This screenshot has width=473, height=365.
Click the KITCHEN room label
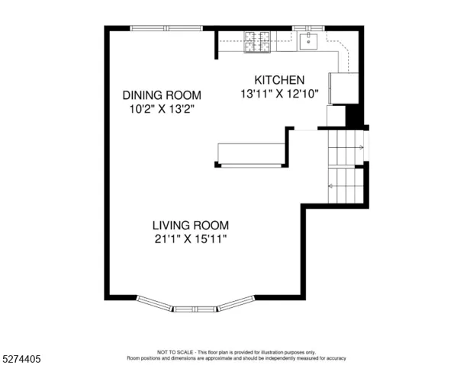point(279,80)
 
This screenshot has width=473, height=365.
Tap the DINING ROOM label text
point(162,95)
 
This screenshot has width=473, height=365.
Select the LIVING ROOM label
point(191,226)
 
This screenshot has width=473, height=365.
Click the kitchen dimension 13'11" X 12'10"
point(279,94)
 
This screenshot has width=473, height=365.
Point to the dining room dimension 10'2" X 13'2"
point(162,109)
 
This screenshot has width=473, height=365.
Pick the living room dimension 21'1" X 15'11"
point(191,239)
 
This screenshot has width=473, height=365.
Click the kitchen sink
point(308,42)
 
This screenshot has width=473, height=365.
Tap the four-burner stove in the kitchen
point(257,42)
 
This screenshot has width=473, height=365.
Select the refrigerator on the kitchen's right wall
point(343,88)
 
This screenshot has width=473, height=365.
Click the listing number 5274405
point(21,359)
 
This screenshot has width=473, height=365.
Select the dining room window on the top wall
point(166,28)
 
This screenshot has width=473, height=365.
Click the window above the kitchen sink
point(308,28)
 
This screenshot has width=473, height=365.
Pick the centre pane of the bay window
point(195,309)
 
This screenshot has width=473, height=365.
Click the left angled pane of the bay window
point(154,303)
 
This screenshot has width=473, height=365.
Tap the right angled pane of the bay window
point(236,303)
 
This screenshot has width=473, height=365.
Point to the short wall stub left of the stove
point(216,45)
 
